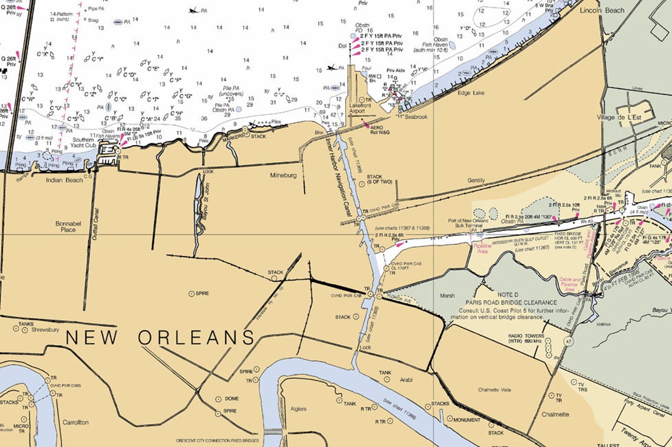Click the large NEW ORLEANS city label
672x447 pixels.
[x=160, y=337]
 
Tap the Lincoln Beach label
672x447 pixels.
[x=602, y=11]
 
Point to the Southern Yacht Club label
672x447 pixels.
[x=83, y=143]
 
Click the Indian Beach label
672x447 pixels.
[x=64, y=180]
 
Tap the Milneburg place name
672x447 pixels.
[x=284, y=176]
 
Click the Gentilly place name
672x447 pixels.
[x=476, y=180]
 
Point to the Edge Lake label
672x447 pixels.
[x=470, y=93]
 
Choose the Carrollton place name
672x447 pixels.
[x=74, y=422]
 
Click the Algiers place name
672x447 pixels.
[x=299, y=409]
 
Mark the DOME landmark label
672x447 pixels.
[x=232, y=399]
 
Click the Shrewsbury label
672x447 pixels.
[x=44, y=330]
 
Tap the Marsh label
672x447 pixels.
[x=447, y=296]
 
